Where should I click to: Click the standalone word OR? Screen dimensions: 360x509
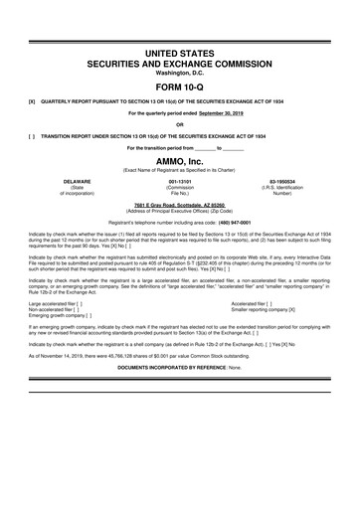tap(180, 125)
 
